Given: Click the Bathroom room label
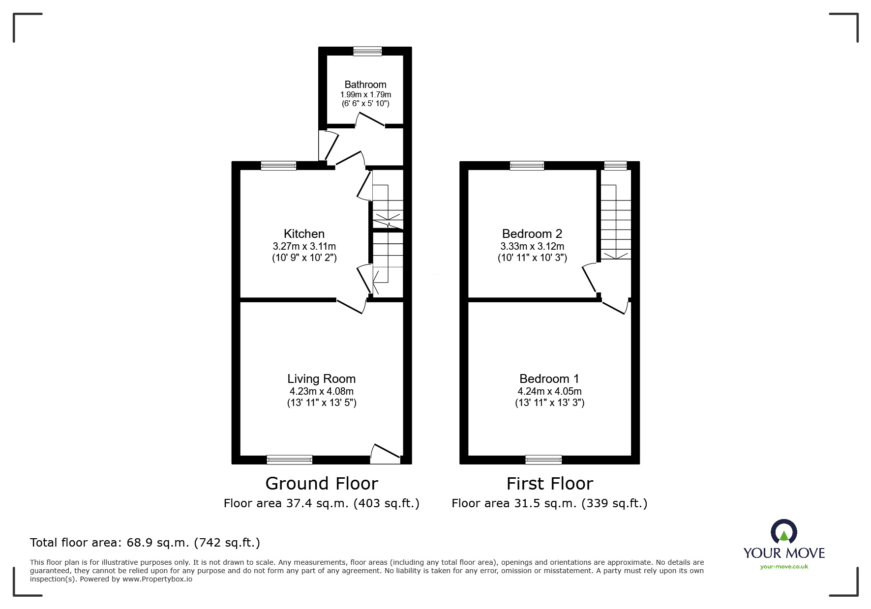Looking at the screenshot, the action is [x=365, y=85].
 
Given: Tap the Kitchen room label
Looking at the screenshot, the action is [x=304, y=233].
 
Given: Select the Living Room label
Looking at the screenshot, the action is [x=322, y=379].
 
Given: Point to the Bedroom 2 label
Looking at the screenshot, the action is [x=532, y=233].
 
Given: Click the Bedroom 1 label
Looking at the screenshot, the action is [x=549, y=379].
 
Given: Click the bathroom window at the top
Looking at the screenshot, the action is [x=367, y=51].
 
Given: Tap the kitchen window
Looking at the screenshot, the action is [x=278, y=166].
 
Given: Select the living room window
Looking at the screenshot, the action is [x=290, y=460].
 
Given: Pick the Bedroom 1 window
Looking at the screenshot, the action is [x=543, y=460].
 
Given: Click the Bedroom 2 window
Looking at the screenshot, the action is [x=527, y=166].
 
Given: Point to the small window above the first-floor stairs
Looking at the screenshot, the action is [x=616, y=166].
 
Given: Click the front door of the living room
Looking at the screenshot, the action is [x=385, y=453].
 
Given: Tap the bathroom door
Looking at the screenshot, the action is [x=370, y=119].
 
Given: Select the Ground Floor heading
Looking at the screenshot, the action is [x=322, y=484].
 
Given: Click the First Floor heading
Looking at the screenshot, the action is [x=550, y=484].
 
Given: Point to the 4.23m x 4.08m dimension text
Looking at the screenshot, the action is [x=322, y=392].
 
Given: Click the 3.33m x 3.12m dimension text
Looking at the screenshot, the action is [x=532, y=246].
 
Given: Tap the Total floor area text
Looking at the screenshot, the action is [x=145, y=543].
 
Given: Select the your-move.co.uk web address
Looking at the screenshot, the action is [x=784, y=567].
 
